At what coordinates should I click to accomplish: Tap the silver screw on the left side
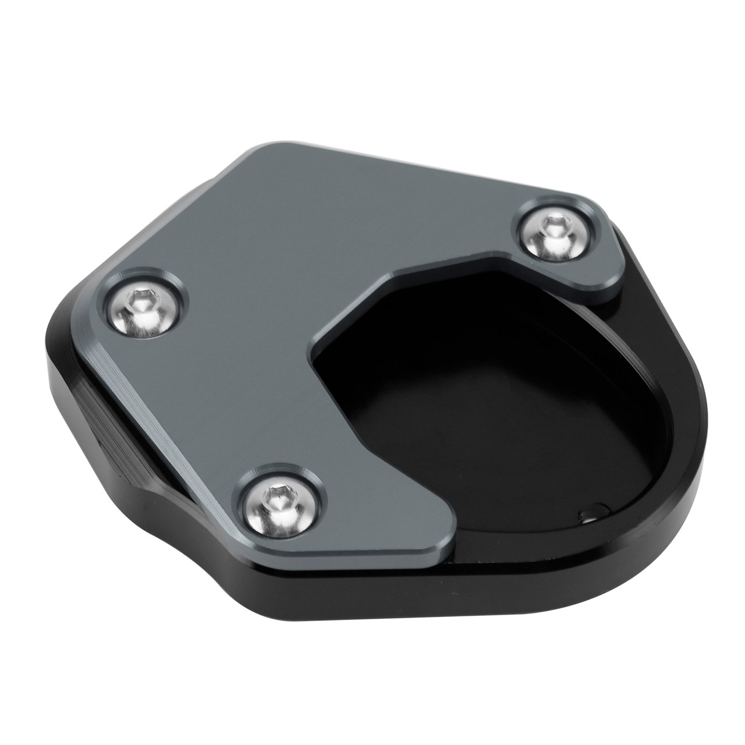[x=142, y=308]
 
